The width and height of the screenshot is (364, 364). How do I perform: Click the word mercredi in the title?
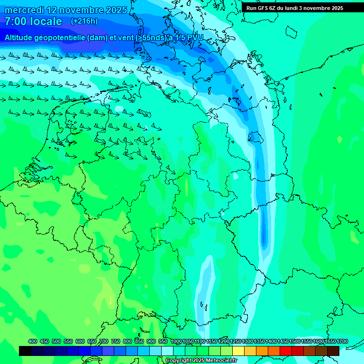click(x=25, y=10)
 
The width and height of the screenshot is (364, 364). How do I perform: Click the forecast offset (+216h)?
click(x=84, y=21)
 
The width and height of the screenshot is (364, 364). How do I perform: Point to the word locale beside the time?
click(x=45, y=21)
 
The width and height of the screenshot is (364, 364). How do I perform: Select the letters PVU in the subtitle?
click(x=193, y=37)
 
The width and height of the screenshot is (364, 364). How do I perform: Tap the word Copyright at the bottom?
click(x=178, y=361)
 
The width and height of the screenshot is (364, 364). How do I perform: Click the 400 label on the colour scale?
click(x=33, y=341)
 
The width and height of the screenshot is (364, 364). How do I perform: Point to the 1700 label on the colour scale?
click(x=342, y=341)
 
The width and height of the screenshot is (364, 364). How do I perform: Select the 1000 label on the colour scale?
click(x=176, y=341)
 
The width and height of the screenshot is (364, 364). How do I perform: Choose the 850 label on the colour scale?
click(x=139, y=341)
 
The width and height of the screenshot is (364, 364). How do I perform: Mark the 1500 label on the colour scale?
click(x=294, y=341)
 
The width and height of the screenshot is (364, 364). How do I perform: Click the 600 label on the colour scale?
click(x=80, y=341)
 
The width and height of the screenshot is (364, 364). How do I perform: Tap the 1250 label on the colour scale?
click(x=236, y=341)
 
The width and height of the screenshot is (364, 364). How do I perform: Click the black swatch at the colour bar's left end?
click(x=25, y=351)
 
